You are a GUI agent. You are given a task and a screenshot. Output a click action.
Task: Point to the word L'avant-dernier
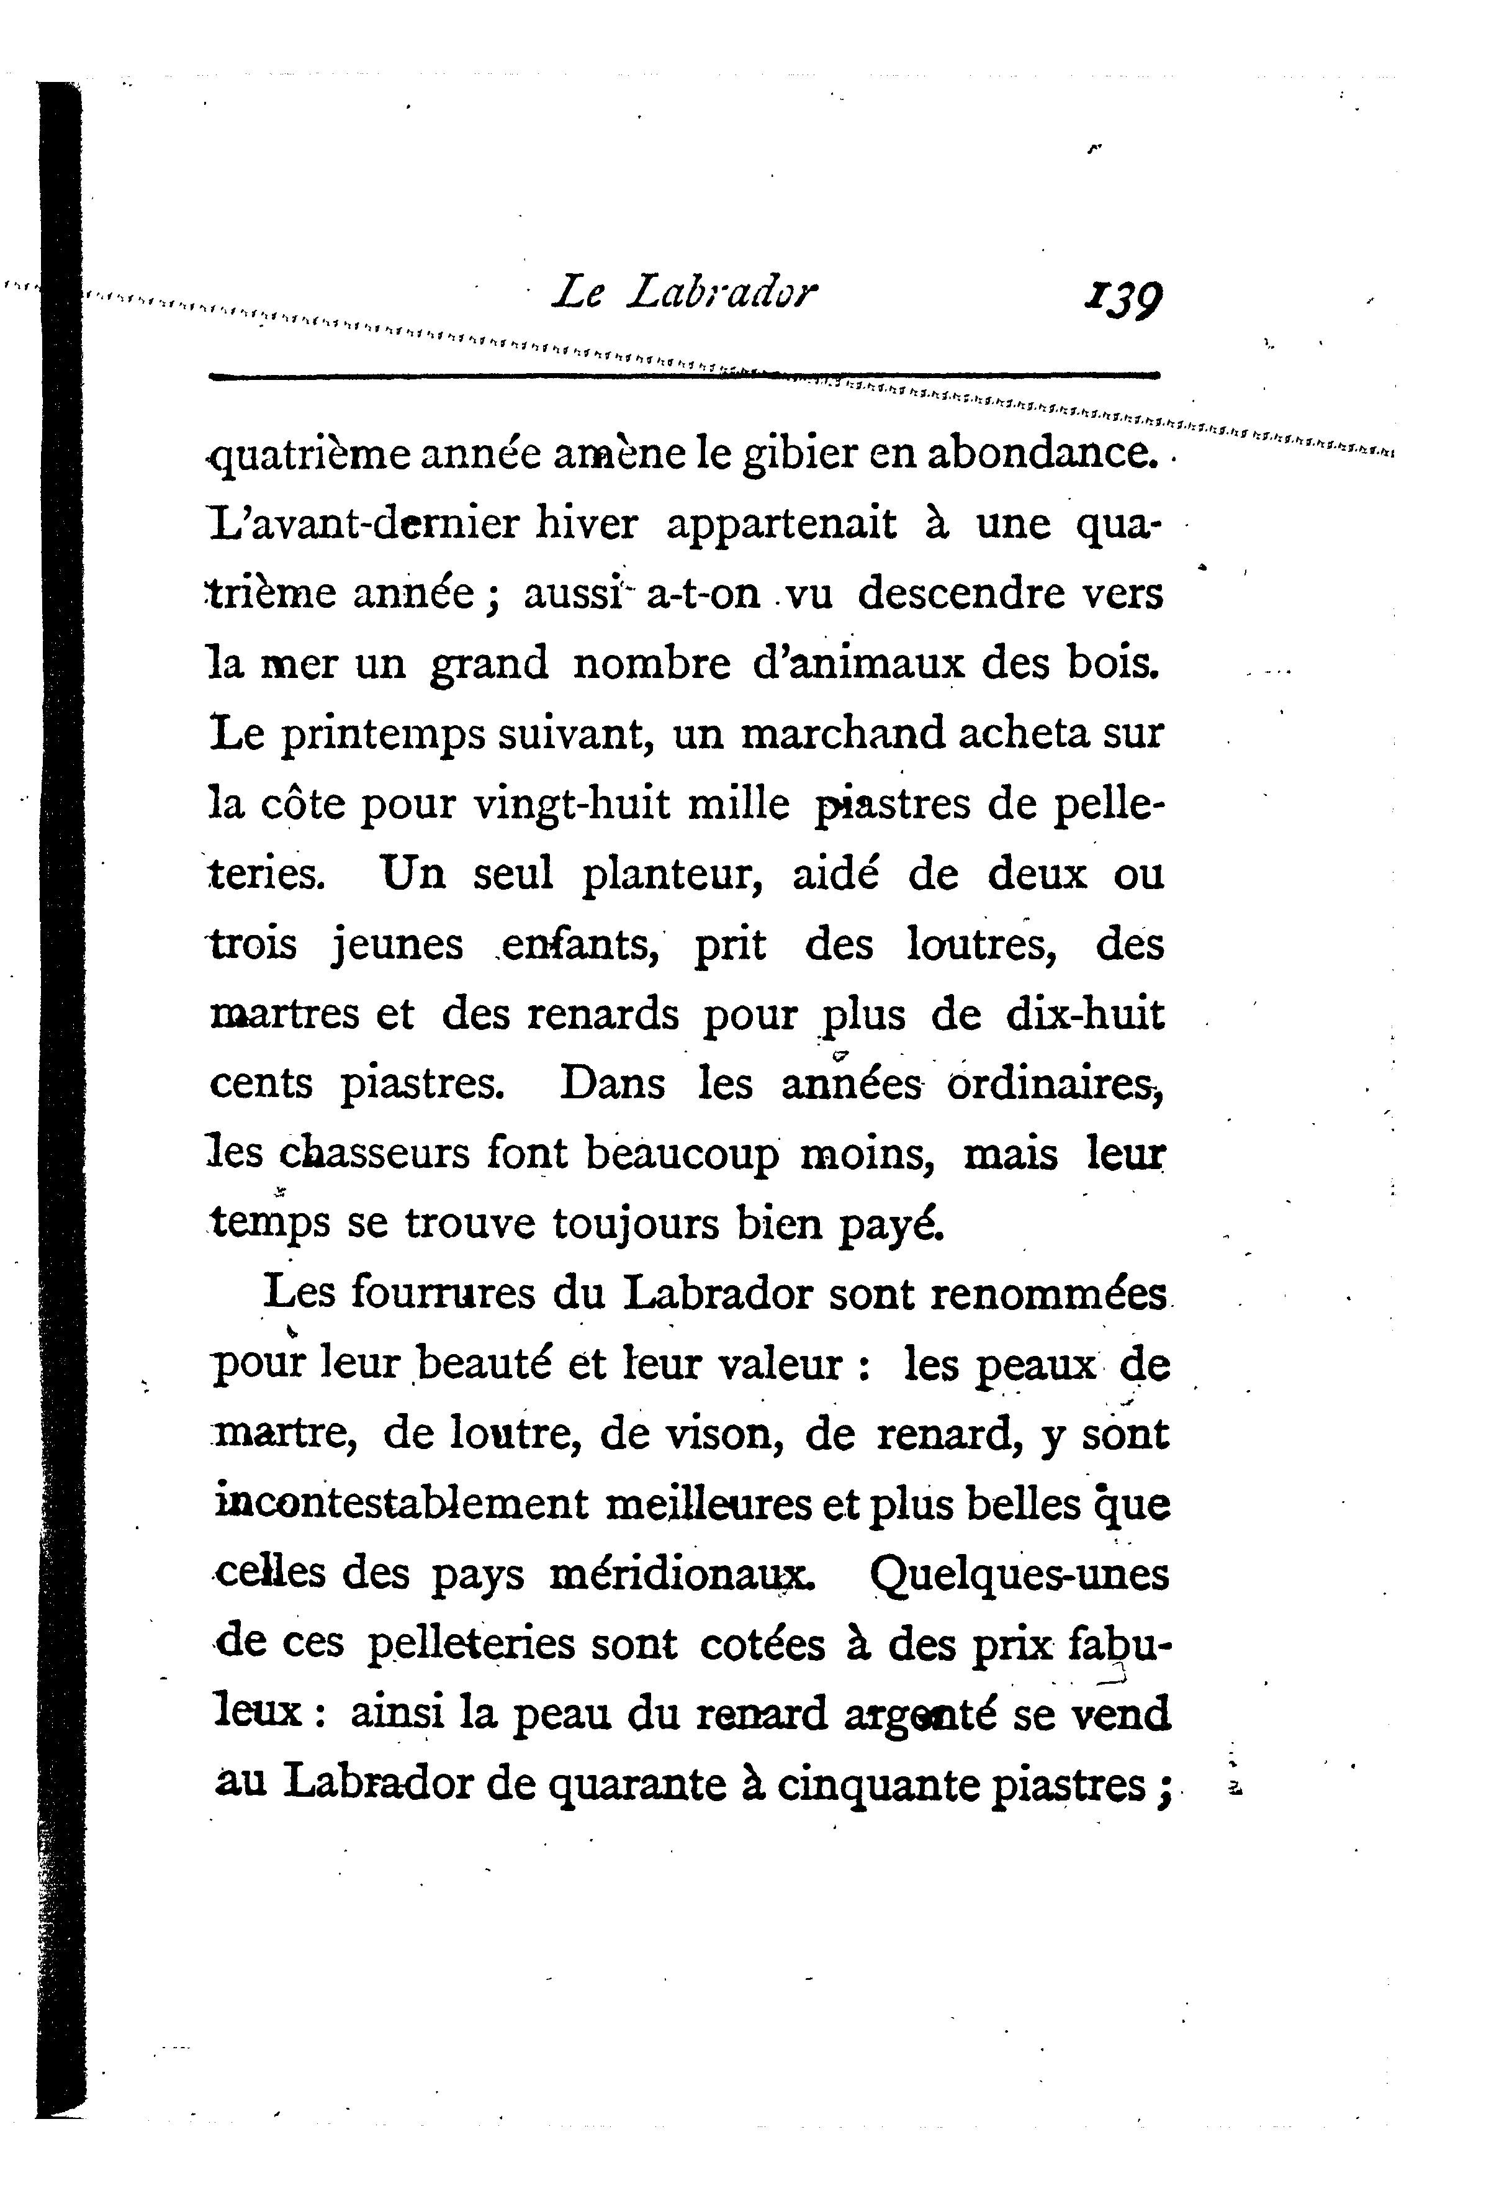(x=362, y=524)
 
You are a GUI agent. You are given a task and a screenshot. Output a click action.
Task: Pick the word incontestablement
(x=402, y=1502)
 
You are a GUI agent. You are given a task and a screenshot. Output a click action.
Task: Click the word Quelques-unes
(x=1019, y=1573)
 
